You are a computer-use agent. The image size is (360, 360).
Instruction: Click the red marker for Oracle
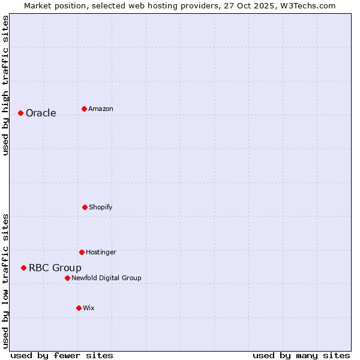point(20,113)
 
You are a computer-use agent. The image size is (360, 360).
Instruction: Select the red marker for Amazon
point(84,109)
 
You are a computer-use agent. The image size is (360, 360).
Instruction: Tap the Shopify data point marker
point(85,207)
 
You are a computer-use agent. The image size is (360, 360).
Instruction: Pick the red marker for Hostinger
point(82,252)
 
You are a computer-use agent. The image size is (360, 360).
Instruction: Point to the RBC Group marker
point(23,268)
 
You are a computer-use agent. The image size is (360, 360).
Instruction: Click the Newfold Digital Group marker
point(67,278)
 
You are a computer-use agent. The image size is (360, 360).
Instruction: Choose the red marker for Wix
point(79,308)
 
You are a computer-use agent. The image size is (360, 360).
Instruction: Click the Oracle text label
point(41,113)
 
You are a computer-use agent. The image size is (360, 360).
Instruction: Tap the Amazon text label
point(101,109)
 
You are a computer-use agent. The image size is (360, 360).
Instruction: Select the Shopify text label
point(101,207)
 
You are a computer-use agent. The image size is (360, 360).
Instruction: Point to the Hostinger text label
point(101,252)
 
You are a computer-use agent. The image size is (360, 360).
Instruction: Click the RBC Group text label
point(55,268)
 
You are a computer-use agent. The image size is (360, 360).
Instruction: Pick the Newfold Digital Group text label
point(106,278)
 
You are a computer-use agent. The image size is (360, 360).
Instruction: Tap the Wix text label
point(89,308)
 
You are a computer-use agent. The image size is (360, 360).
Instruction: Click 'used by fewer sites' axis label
point(62,355)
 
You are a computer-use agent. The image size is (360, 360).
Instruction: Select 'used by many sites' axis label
point(301,355)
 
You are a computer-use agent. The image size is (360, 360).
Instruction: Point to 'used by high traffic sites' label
point(5,85)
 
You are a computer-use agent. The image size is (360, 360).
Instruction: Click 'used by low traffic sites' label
point(5,280)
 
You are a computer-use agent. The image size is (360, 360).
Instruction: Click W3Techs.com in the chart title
point(307,5)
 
